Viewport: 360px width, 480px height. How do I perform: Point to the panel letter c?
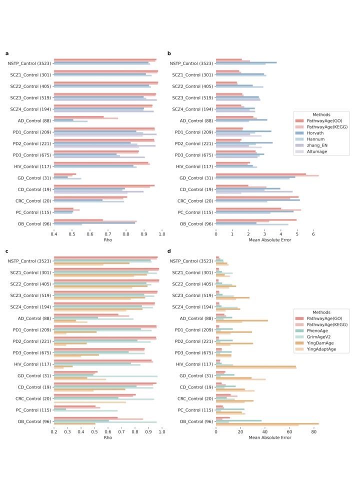6,251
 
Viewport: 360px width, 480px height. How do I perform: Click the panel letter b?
169,53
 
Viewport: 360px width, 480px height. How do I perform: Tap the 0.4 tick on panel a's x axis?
54,234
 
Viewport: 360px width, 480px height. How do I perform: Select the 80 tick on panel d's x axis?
314,432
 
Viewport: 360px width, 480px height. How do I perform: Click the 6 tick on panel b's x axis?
313,234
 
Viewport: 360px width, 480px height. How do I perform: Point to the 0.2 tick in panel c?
54,432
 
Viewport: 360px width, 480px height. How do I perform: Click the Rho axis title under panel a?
108,240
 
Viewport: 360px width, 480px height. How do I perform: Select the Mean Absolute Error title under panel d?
269,438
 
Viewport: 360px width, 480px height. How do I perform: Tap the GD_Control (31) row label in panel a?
34,178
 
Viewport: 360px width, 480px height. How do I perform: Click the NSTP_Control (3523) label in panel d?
191,261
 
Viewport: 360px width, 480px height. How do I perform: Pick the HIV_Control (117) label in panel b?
194,166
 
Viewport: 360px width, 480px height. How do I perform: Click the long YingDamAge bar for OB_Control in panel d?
267,423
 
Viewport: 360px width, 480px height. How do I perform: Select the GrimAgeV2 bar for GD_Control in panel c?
105,376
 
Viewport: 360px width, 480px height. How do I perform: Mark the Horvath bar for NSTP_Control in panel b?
246,62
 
